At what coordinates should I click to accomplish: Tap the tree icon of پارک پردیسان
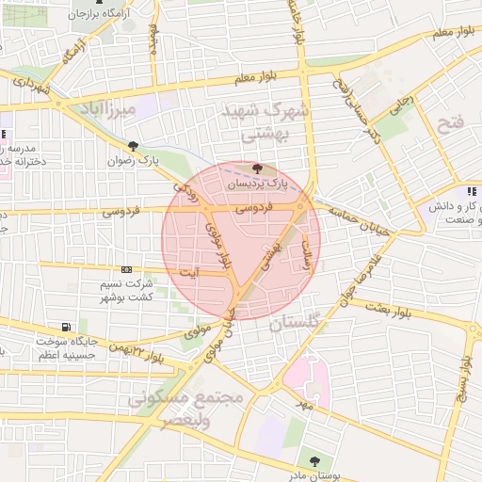[258, 169]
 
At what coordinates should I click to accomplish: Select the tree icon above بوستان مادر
[314, 460]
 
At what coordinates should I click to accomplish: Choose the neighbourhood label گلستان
[296, 324]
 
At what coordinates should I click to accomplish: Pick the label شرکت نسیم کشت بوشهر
[128, 289]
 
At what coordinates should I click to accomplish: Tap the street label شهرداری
[28, 91]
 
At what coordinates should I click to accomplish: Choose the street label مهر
[301, 405]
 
